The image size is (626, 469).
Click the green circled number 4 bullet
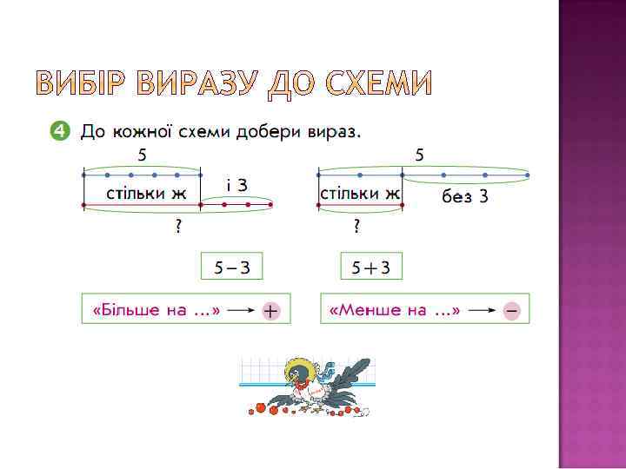(x=58, y=131)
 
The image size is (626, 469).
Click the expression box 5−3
(x=231, y=268)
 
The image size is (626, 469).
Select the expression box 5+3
(x=371, y=268)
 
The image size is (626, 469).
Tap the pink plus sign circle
(x=271, y=310)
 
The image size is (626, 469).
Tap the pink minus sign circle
(x=510, y=310)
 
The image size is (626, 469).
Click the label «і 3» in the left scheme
(x=236, y=185)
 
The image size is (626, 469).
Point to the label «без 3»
(x=465, y=197)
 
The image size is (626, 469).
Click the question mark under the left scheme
(x=178, y=228)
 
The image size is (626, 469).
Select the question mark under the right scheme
(x=356, y=228)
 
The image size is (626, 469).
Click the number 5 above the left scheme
(x=142, y=155)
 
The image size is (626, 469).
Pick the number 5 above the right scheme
(x=420, y=155)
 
